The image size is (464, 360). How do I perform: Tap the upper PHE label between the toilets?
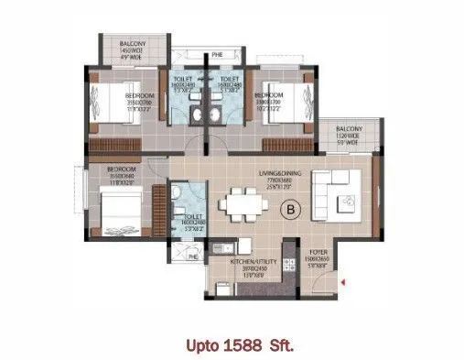[217, 56]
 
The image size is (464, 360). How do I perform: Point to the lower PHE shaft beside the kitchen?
[192, 257]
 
